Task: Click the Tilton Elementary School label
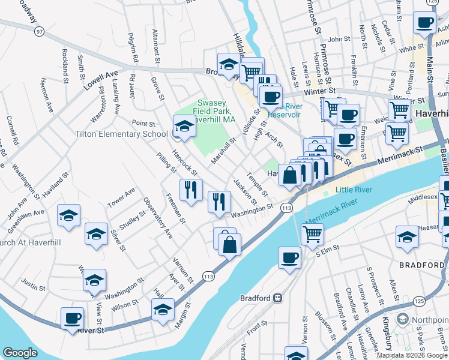tap(121, 134)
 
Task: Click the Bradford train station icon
tap(278, 298)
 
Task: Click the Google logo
tap(20, 353)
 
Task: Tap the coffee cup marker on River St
tap(73, 319)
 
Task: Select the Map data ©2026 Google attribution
tap(412, 355)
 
